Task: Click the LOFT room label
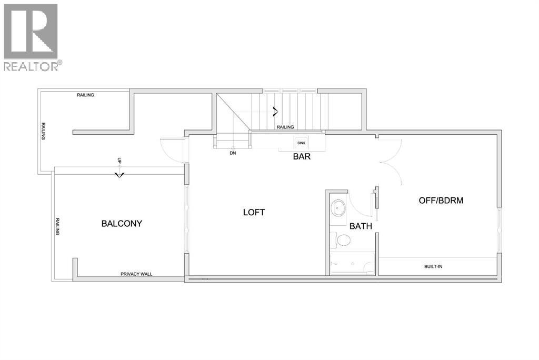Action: [254, 212]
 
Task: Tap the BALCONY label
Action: [122, 224]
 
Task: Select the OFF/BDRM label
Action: [441, 201]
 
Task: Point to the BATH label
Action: [361, 227]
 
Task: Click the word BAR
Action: [302, 156]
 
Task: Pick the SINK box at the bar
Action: [301, 143]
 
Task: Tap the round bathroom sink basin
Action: [337, 207]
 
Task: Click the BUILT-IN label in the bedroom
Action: [433, 266]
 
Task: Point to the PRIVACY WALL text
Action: [136, 274]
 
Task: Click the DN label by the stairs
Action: [232, 154]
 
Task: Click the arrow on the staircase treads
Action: [275, 111]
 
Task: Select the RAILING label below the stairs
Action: [285, 127]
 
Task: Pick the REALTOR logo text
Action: [32, 66]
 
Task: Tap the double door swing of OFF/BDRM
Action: [391, 153]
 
